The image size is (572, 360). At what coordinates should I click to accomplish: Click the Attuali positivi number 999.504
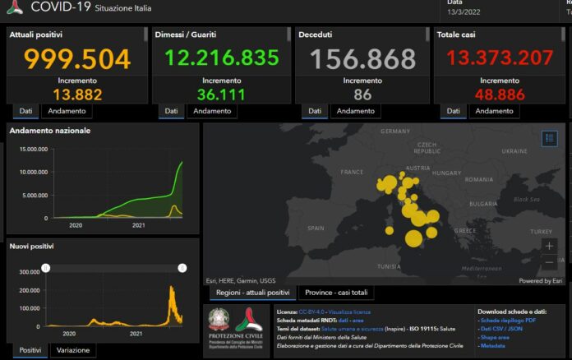(76, 59)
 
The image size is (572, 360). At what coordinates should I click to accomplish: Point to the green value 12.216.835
(221, 58)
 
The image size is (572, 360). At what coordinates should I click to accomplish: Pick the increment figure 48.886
(499, 95)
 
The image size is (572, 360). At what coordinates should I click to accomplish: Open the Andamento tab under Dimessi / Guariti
(213, 111)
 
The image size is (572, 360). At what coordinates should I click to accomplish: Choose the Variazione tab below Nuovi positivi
(74, 351)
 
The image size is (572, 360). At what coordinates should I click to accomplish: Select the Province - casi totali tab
(336, 293)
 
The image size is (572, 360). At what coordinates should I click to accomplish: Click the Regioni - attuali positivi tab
(252, 293)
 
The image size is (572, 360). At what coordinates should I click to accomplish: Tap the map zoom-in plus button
(549, 246)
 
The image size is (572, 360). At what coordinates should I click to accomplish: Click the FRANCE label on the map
(352, 172)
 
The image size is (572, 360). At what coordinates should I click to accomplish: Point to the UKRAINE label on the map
(514, 151)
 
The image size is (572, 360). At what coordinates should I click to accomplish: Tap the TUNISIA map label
(388, 266)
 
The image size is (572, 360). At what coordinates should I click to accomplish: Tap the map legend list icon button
(550, 138)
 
